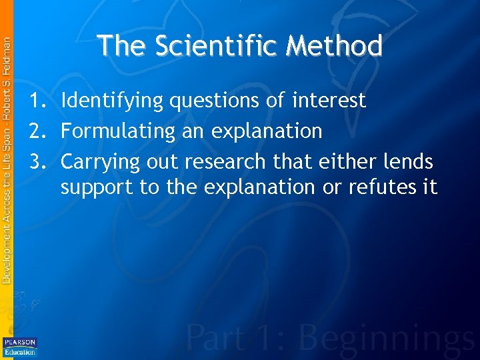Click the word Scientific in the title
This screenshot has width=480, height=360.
click(x=216, y=46)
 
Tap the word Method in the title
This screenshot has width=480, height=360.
click(x=335, y=46)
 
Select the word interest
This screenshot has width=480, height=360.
click(x=329, y=101)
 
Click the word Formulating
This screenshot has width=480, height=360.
click(x=118, y=131)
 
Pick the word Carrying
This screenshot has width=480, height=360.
click(x=101, y=162)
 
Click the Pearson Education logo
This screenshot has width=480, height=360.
click(x=20, y=347)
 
